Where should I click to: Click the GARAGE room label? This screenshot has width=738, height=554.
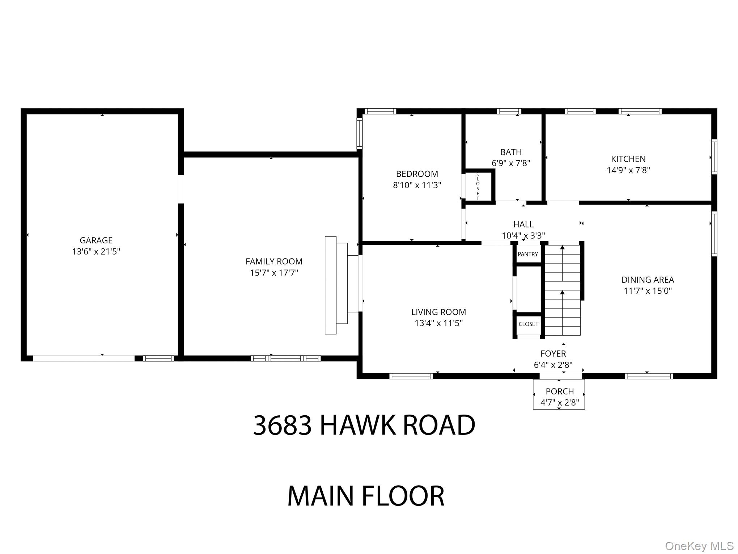tap(96, 240)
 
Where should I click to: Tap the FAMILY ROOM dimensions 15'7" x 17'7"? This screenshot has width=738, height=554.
tap(274, 273)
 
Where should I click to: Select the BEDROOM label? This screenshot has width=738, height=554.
tap(417, 174)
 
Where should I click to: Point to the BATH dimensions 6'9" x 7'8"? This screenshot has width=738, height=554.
tap(511, 163)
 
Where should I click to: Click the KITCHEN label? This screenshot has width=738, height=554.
tap(628, 159)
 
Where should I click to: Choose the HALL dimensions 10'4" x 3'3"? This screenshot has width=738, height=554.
tap(523, 236)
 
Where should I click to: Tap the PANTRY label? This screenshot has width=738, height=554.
tap(528, 254)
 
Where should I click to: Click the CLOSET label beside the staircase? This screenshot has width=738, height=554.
tap(528, 324)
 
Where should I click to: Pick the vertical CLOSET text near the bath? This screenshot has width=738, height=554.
tap(478, 186)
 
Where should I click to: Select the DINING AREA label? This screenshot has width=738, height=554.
tap(648, 280)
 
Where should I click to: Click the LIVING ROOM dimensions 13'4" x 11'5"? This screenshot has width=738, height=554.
tap(438, 323)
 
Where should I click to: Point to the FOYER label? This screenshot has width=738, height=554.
tap(553, 353)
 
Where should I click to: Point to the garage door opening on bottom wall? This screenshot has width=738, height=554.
tap(84, 358)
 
